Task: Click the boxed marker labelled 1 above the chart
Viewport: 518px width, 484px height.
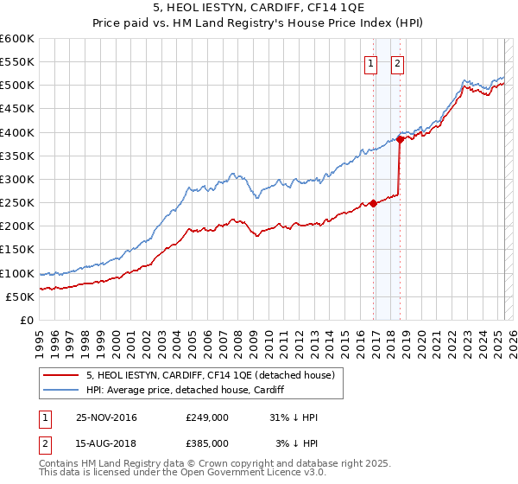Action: click(370, 62)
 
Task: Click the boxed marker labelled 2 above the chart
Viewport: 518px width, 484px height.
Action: click(397, 62)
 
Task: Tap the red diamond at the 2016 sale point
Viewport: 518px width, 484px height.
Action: click(374, 203)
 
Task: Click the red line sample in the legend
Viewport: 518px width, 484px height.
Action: click(60, 374)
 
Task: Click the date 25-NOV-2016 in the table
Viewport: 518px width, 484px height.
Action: click(106, 417)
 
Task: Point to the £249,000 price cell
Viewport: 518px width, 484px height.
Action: click(206, 417)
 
